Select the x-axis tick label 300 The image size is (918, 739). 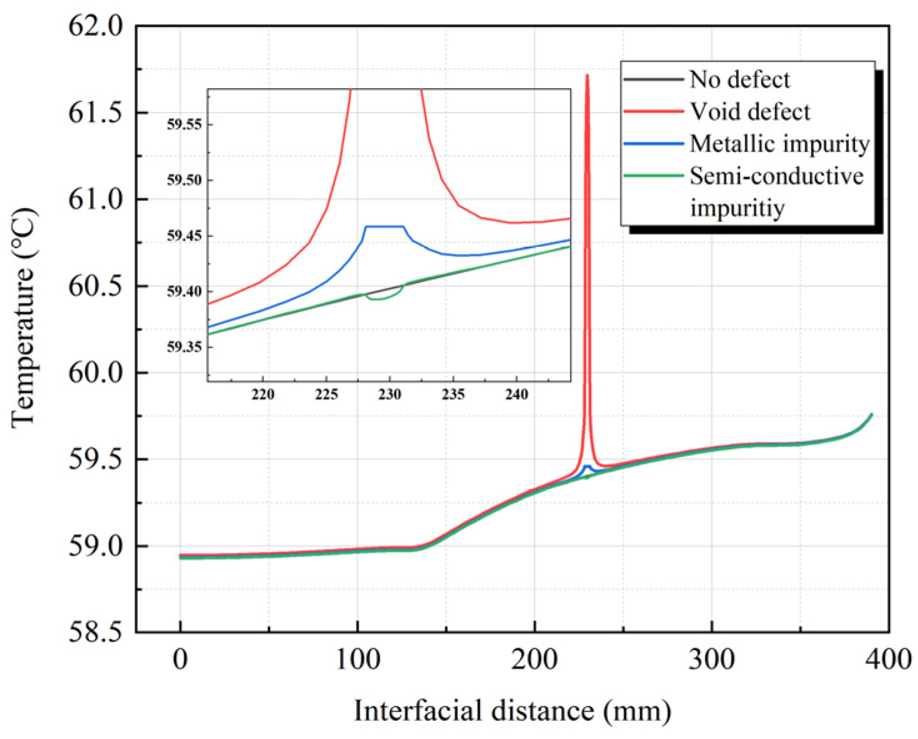point(712,659)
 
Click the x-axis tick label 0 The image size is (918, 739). point(180,659)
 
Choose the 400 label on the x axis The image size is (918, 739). point(889,659)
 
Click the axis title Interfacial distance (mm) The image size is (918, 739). point(512,710)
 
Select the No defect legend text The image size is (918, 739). point(739,79)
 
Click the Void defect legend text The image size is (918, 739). point(749,112)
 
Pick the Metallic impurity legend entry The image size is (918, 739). point(779,144)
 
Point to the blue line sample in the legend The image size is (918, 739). point(653,144)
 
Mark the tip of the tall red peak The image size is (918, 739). point(587,76)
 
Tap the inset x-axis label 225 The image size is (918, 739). point(326,395)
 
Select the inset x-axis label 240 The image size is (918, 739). point(516,395)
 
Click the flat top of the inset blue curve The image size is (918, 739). point(384,226)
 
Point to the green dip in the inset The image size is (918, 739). point(378,299)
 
